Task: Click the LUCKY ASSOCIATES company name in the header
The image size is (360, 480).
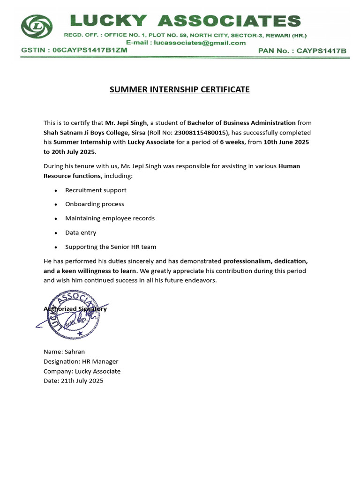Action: pyautogui.click(x=185, y=21)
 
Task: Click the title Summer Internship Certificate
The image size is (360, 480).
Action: pyautogui.click(x=180, y=90)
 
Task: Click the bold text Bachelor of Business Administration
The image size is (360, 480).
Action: pyautogui.click(x=241, y=123)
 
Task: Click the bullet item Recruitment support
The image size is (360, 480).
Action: pyautogui.click(x=96, y=190)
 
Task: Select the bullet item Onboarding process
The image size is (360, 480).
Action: pyautogui.click(x=95, y=204)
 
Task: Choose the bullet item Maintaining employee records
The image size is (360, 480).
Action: pyautogui.click(x=110, y=218)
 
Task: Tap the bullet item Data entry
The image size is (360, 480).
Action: pyautogui.click(x=81, y=232)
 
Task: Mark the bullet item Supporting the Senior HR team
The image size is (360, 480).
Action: pyautogui.click(x=111, y=247)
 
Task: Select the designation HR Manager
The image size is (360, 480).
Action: pyautogui.click(x=100, y=361)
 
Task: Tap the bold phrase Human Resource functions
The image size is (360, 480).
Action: pyautogui.click(x=72, y=176)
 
